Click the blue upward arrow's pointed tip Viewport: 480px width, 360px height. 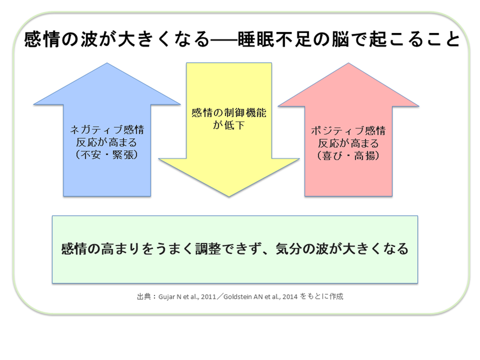tap(107, 65)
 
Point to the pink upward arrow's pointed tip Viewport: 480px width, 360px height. tap(348, 65)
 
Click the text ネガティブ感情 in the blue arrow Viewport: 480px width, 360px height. tap(107, 131)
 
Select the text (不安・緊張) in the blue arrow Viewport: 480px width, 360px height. tap(107, 155)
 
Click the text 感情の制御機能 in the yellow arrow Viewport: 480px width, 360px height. tap(229, 114)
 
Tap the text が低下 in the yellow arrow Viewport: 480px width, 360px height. tap(229, 126)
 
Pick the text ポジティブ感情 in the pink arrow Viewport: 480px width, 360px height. tap(348, 131)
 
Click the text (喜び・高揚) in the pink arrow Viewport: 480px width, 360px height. tap(348, 155)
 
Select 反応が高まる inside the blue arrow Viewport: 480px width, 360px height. tap(107, 143)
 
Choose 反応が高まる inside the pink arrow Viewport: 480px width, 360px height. tap(348, 143)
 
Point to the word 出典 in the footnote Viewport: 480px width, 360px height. tap(144, 297)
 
